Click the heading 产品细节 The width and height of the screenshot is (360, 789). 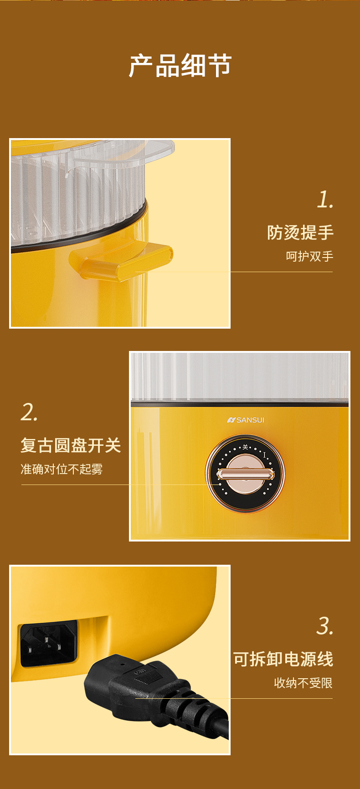click(x=180, y=66)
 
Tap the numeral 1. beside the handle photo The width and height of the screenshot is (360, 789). click(x=325, y=200)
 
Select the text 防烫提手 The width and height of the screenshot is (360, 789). click(x=300, y=232)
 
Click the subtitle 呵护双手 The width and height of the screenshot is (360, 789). click(x=309, y=256)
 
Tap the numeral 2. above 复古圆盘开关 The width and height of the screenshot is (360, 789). click(x=29, y=413)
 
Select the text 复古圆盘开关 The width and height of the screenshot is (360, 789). click(x=71, y=445)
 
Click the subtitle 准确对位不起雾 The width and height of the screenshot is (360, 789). click(x=62, y=469)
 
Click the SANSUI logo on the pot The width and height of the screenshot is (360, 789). click(x=246, y=420)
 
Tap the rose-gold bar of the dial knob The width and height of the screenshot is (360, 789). click(x=245, y=474)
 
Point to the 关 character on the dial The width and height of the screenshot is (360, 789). click(x=245, y=447)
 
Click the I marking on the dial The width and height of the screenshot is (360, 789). click(x=264, y=455)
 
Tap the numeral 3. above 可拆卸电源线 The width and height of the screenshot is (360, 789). click(x=325, y=626)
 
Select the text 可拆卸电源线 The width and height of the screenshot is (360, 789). click(x=283, y=659)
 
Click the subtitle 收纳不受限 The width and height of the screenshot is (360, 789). click(x=303, y=683)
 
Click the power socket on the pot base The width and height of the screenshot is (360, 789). click(x=48, y=644)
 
